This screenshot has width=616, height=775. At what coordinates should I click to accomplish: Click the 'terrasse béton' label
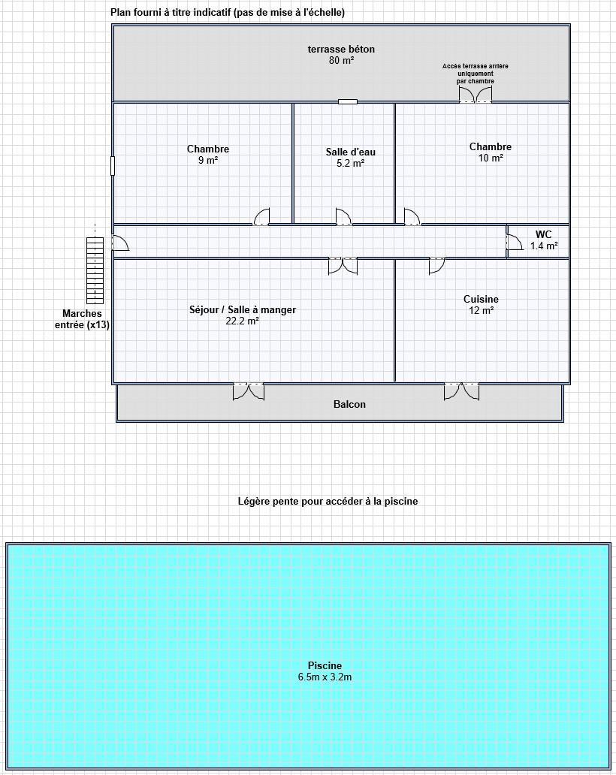point(341,49)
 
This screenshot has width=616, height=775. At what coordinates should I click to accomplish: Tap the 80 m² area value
point(341,60)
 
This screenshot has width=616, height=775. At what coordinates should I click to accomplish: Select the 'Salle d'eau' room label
point(351,152)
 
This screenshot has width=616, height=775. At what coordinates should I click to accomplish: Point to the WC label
point(543,234)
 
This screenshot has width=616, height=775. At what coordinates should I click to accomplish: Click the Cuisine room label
point(481,299)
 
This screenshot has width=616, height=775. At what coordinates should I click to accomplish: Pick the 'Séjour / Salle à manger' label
point(242,310)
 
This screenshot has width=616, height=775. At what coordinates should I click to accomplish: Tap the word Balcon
point(349,404)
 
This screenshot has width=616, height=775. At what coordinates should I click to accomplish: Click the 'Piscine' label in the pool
point(325,666)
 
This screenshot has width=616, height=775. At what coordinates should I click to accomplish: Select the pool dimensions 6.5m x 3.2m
point(325,677)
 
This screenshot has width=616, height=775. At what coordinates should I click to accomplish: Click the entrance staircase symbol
point(95,270)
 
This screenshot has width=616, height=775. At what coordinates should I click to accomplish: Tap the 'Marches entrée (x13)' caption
point(82,319)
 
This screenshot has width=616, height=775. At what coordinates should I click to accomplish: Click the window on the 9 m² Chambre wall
point(113,165)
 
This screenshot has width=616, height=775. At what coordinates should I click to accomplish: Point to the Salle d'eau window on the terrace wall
point(348,102)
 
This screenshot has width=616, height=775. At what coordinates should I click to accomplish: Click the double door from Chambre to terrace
point(476,95)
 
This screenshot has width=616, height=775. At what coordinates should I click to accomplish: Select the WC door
point(515,242)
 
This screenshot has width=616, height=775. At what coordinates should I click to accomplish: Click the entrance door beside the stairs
point(120,243)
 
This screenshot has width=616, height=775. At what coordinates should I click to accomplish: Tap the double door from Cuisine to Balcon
point(462,391)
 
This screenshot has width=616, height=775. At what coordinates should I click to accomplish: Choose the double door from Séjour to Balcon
point(249,391)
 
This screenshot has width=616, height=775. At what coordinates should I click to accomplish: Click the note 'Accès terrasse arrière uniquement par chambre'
point(475,74)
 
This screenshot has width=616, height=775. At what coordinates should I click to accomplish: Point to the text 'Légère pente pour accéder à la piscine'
point(328,501)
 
